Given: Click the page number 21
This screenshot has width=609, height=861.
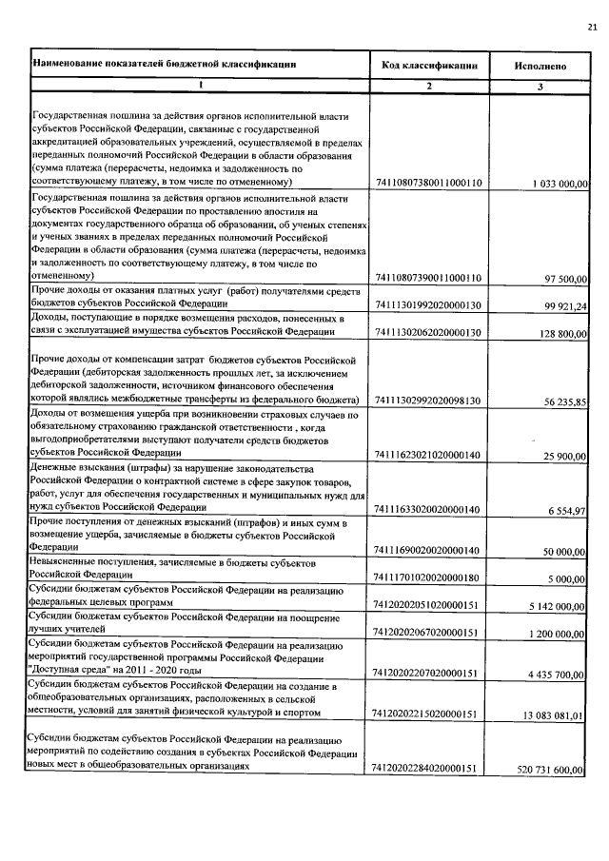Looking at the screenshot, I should pos(592,29).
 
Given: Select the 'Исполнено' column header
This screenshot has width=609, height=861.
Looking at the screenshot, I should pos(540,67).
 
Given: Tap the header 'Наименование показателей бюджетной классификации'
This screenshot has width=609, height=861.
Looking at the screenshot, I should pos(165,65).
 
